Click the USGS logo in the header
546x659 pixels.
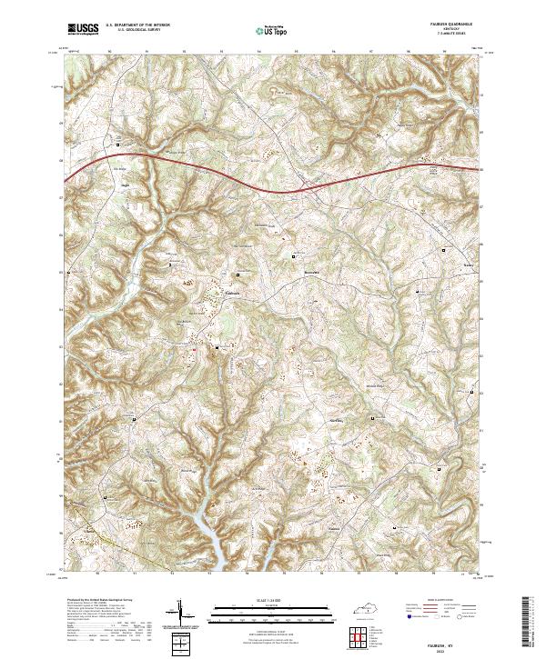coord(83,29)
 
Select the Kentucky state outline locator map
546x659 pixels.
coord(373,604)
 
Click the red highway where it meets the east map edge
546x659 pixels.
coord(477,169)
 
